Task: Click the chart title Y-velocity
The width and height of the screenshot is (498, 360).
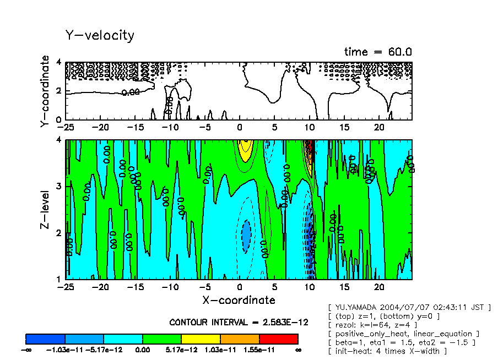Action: tap(100, 35)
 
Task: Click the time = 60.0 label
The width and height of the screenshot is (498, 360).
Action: tap(378, 52)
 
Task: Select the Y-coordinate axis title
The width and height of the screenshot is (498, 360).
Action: tap(45, 92)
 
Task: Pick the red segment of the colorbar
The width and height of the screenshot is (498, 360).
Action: tap(278, 339)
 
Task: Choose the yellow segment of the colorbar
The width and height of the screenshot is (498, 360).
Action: tap(201, 339)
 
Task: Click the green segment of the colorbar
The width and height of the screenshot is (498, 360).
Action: tap(162, 339)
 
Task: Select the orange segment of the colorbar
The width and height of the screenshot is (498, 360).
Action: tap(240, 339)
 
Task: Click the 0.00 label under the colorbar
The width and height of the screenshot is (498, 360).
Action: tap(142, 350)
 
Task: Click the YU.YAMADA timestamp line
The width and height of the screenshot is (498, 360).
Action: tap(409, 307)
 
